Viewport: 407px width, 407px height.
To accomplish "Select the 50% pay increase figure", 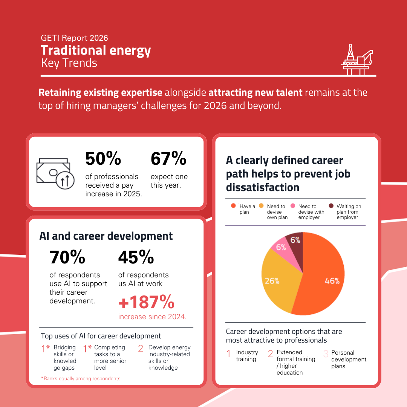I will (x=103, y=159).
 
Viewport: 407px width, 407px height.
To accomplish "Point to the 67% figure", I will (x=168, y=159).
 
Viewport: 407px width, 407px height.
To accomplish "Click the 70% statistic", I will (x=67, y=257).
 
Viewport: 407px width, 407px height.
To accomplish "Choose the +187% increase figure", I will (x=147, y=302).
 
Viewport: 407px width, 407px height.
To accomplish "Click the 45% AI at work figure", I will (x=136, y=257).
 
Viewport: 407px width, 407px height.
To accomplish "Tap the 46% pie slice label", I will (x=332, y=281).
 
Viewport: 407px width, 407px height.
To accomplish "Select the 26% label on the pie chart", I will (x=272, y=281).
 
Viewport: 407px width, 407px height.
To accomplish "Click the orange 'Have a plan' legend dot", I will (x=233, y=206).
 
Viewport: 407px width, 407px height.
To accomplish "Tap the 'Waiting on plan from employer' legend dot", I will (x=331, y=206).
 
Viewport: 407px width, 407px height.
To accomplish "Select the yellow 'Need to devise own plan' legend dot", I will (x=261, y=206).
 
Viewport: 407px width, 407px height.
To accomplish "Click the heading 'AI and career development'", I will (x=106, y=236).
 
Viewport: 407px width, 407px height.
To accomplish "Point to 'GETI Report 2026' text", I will (x=74, y=38).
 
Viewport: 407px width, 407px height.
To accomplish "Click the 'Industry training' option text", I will (x=247, y=356).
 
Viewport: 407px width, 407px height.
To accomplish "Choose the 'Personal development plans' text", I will (x=349, y=359).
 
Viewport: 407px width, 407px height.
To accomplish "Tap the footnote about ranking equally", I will (x=81, y=378).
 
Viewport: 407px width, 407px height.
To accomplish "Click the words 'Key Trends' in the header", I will (x=69, y=63).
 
